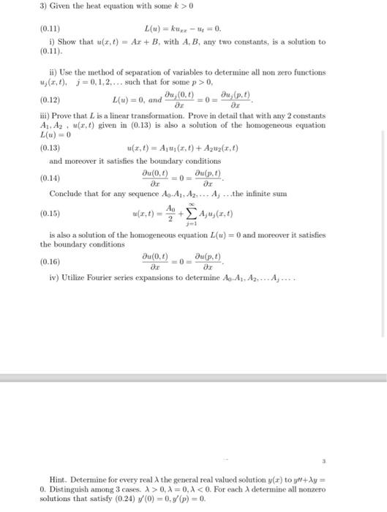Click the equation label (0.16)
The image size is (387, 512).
50,261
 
